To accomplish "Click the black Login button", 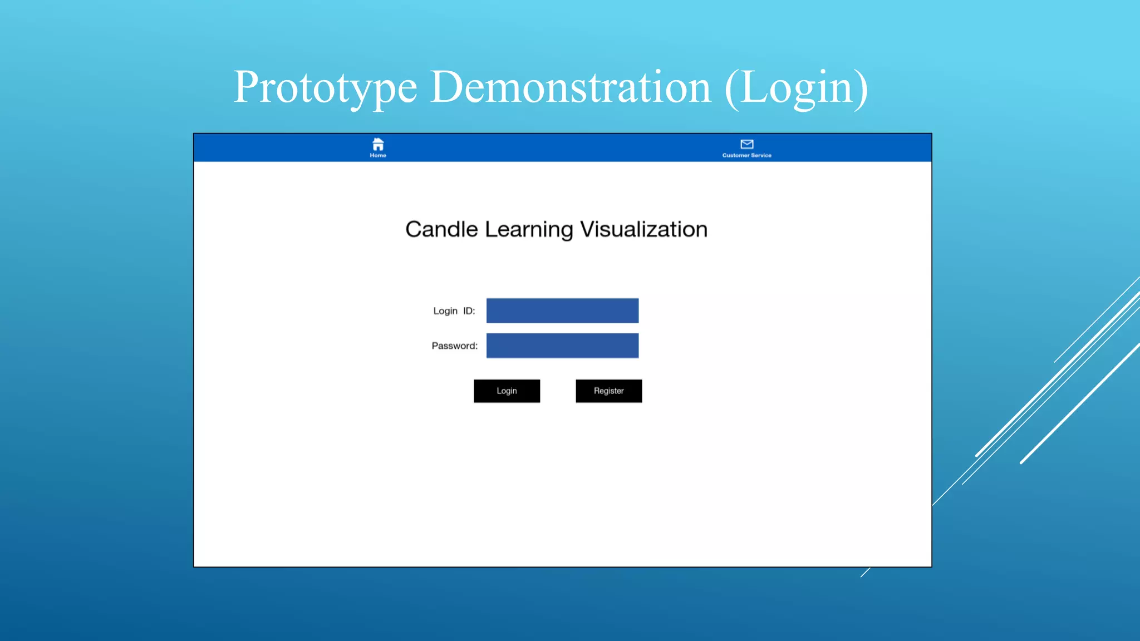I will [x=507, y=391].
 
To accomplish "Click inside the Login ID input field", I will [x=562, y=310].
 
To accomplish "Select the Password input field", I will [x=562, y=346].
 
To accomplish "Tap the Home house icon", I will [x=378, y=145].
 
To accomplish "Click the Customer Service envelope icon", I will [x=746, y=144].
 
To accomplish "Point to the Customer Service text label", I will [x=746, y=155].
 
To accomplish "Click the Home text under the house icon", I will [x=378, y=155].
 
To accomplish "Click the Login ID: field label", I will [x=454, y=310].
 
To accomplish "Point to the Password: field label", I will [x=454, y=346].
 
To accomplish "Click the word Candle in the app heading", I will [x=441, y=229].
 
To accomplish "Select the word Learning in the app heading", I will [x=528, y=230].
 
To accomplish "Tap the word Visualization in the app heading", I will [x=643, y=229].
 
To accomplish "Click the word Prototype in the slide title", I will [x=325, y=87].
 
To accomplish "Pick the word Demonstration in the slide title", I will [x=571, y=87].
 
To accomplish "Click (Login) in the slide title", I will [x=796, y=87].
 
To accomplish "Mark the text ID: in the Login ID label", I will [x=469, y=310].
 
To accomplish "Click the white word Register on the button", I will [x=608, y=391].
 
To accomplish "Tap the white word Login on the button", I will [x=507, y=391].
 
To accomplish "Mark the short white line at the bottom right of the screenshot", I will [x=865, y=573].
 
